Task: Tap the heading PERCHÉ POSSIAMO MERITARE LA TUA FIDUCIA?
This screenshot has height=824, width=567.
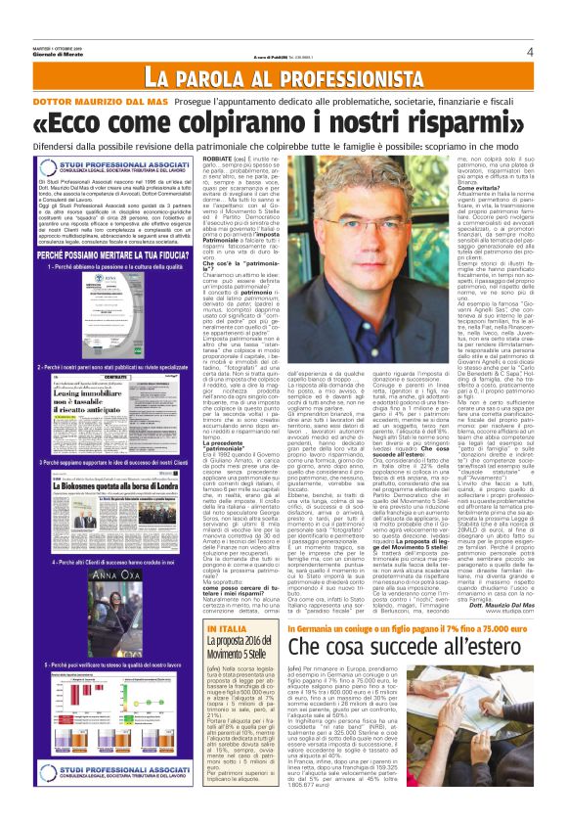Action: click(109, 252)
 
